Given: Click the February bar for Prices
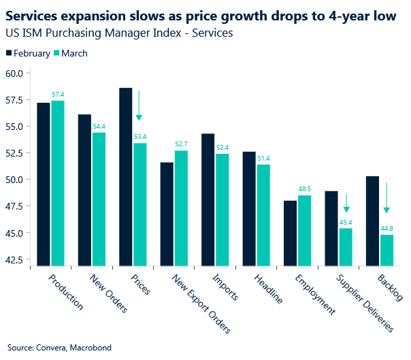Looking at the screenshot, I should (x=125, y=176).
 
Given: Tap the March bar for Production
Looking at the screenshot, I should (x=57, y=183).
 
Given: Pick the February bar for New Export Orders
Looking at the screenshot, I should (x=166, y=214).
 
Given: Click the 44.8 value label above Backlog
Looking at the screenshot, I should (x=386, y=229).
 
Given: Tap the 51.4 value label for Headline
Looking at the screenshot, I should (x=263, y=159).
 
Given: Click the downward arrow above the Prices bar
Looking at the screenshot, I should (x=139, y=105).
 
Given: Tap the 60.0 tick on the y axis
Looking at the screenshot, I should (x=14, y=73).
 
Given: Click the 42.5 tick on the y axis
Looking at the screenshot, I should (x=14, y=259).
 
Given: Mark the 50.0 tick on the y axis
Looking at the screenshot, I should (x=14, y=180).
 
